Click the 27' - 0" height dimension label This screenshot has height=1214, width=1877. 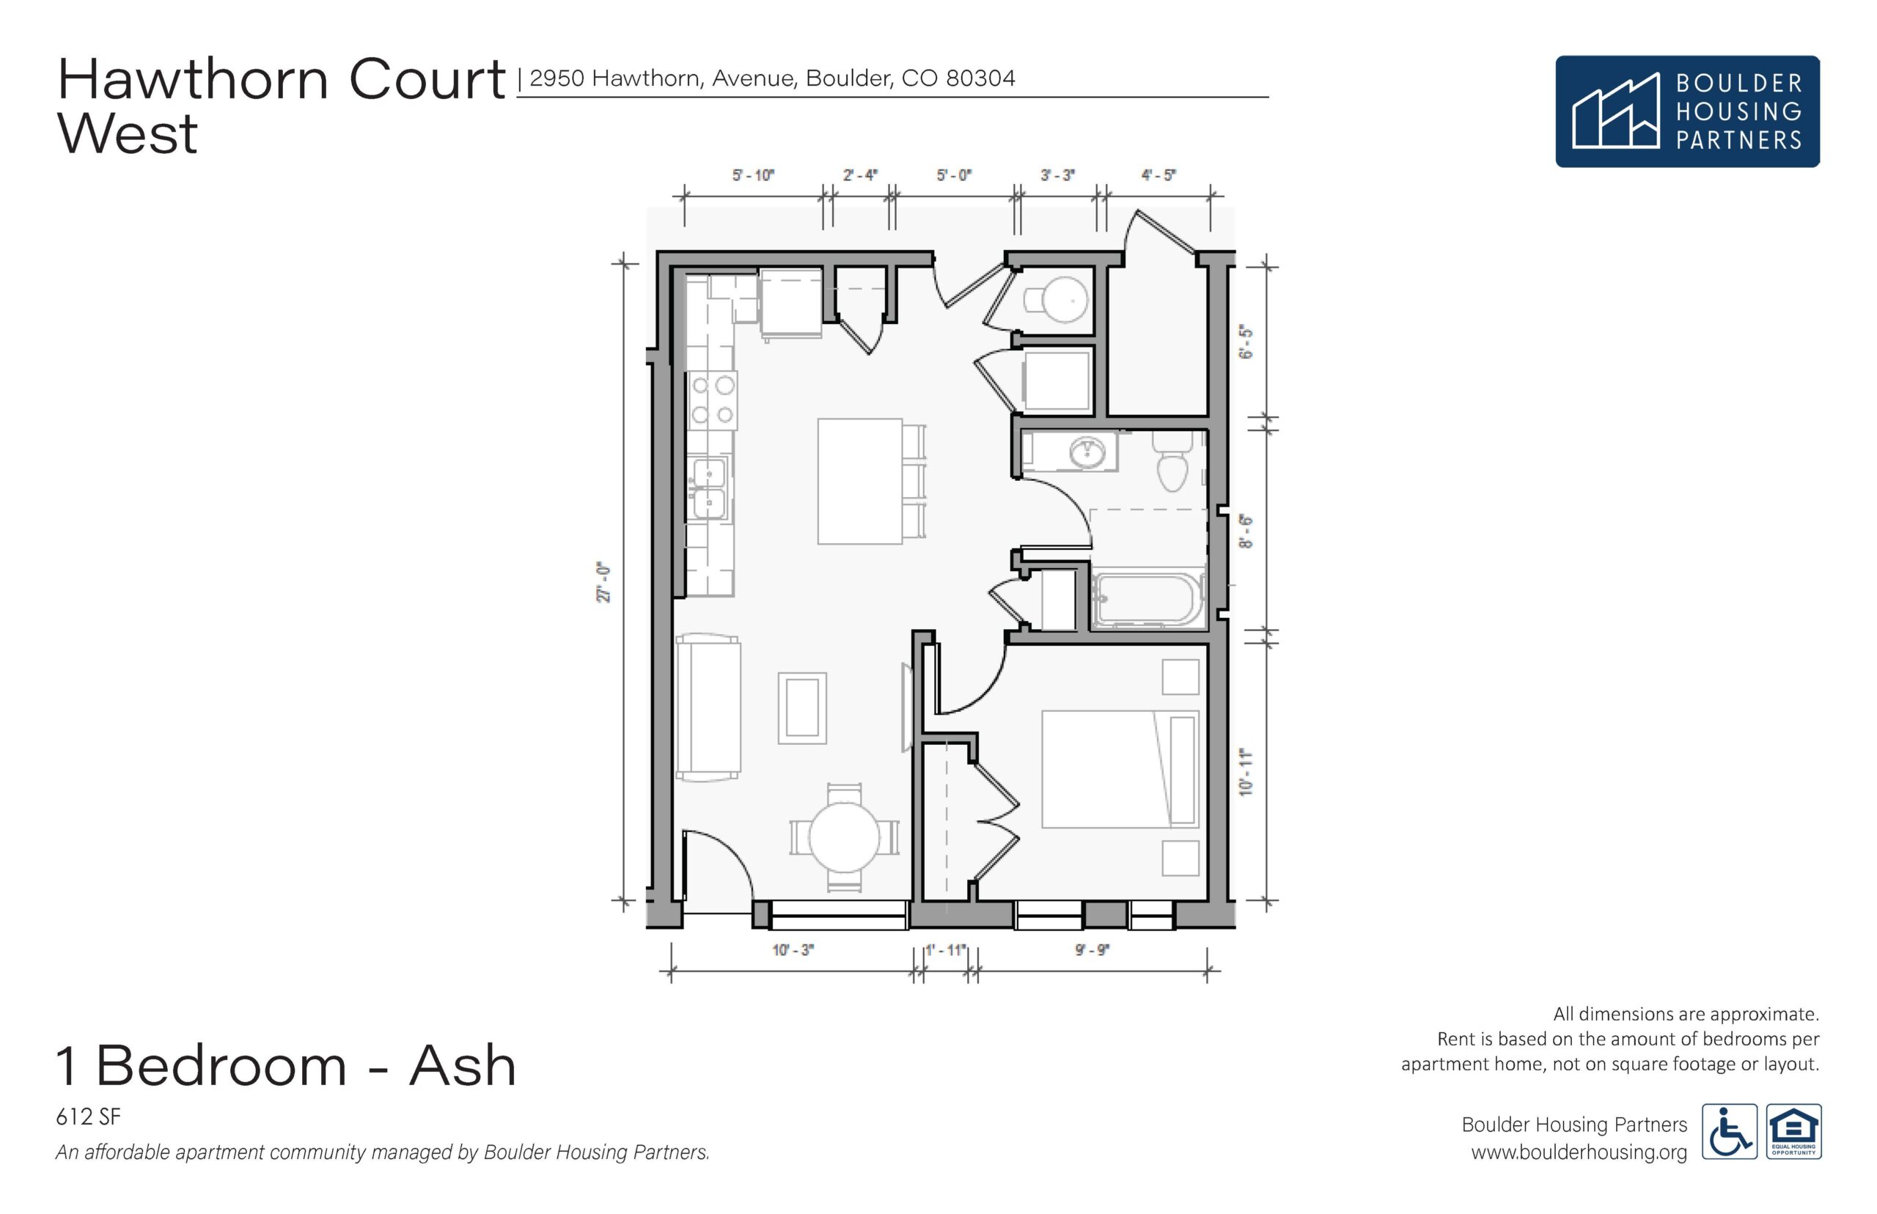pos(603,583)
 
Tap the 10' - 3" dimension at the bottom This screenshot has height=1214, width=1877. pos(793,950)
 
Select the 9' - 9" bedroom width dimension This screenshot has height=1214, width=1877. pos(1092,950)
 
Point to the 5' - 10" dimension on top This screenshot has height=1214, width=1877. pos(753,175)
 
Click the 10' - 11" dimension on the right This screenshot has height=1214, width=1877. pos(1246,773)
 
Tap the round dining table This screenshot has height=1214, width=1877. pos(845,837)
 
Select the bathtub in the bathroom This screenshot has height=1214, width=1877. pos(1147,599)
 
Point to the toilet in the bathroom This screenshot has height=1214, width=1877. pos(1172,462)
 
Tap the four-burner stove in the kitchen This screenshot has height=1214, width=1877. pos(713,400)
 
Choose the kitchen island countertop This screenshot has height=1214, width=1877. pos(859,482)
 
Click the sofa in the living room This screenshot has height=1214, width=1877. pos(708,708)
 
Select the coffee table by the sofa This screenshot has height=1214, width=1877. pos(803,708)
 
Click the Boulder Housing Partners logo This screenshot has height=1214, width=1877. pos(1688,111)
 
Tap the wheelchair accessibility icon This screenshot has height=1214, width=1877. pos(1730,1131)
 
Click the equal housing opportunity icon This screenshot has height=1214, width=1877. pos(1794,1131)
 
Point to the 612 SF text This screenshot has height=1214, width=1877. pos(88,1116)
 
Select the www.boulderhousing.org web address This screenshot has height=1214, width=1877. pos(1579,1152)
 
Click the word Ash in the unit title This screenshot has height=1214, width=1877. pos(463,1066)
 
